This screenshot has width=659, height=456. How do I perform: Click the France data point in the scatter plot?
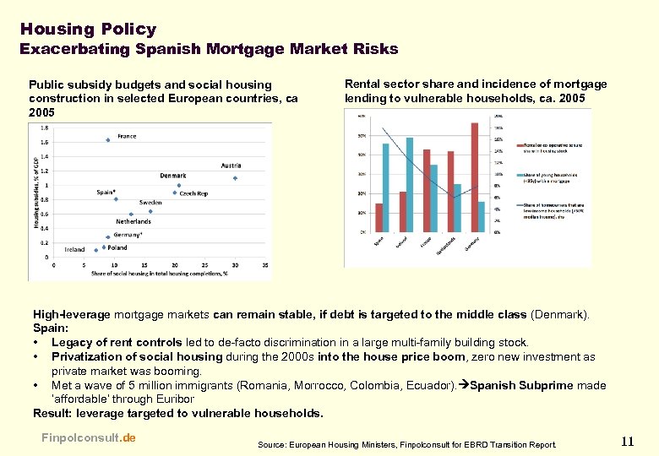(108, 140)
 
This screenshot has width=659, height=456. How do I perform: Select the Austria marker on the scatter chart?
(235, 178)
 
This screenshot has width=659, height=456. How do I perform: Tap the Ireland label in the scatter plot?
(75, 250)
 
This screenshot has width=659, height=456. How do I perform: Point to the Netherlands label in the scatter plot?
(133, 221)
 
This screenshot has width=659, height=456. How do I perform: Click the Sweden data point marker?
(150, 211)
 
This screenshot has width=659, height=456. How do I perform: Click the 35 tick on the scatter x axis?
(265, 265)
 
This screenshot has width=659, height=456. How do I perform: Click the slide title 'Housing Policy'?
(88, 29)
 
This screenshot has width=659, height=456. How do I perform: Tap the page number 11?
(626, 441)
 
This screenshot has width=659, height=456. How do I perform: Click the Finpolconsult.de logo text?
(88, 437)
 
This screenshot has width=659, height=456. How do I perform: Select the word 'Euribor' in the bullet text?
(172, 399)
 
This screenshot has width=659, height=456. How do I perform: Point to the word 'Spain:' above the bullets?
(51, 328)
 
